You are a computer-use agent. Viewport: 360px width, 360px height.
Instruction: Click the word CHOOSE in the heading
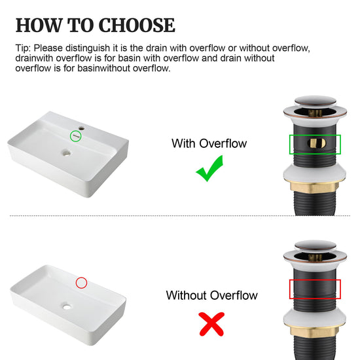(137, 26)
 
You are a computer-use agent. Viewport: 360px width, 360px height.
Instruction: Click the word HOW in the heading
(39, 26)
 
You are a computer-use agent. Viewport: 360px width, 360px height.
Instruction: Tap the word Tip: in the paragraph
(23, 48)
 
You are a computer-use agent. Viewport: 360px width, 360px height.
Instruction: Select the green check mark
(209, 168)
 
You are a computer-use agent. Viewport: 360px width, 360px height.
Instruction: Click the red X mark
(211, 324)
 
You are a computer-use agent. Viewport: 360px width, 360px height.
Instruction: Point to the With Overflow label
(209, 143)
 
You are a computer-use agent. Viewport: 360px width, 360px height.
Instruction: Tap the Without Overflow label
(211, 295)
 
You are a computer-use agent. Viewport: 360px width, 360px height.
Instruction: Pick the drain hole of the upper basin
(67, 153)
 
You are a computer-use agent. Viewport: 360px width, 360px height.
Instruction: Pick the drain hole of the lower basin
(67, 306)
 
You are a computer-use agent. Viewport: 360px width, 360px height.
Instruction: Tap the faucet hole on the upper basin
(81, 128)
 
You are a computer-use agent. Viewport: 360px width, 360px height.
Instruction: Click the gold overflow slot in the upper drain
(316, 143)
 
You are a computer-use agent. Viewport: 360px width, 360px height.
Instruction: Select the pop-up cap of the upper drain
(315, 101)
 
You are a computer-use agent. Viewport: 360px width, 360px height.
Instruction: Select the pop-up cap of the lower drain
(315, 246)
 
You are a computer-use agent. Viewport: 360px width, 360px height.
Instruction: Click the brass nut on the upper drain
(314, 187)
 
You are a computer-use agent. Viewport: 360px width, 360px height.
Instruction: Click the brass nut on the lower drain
(314, 331)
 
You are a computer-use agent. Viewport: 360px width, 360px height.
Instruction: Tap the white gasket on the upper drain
(314, 174)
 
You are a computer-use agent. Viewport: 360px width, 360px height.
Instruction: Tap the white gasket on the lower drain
(314, 319)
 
